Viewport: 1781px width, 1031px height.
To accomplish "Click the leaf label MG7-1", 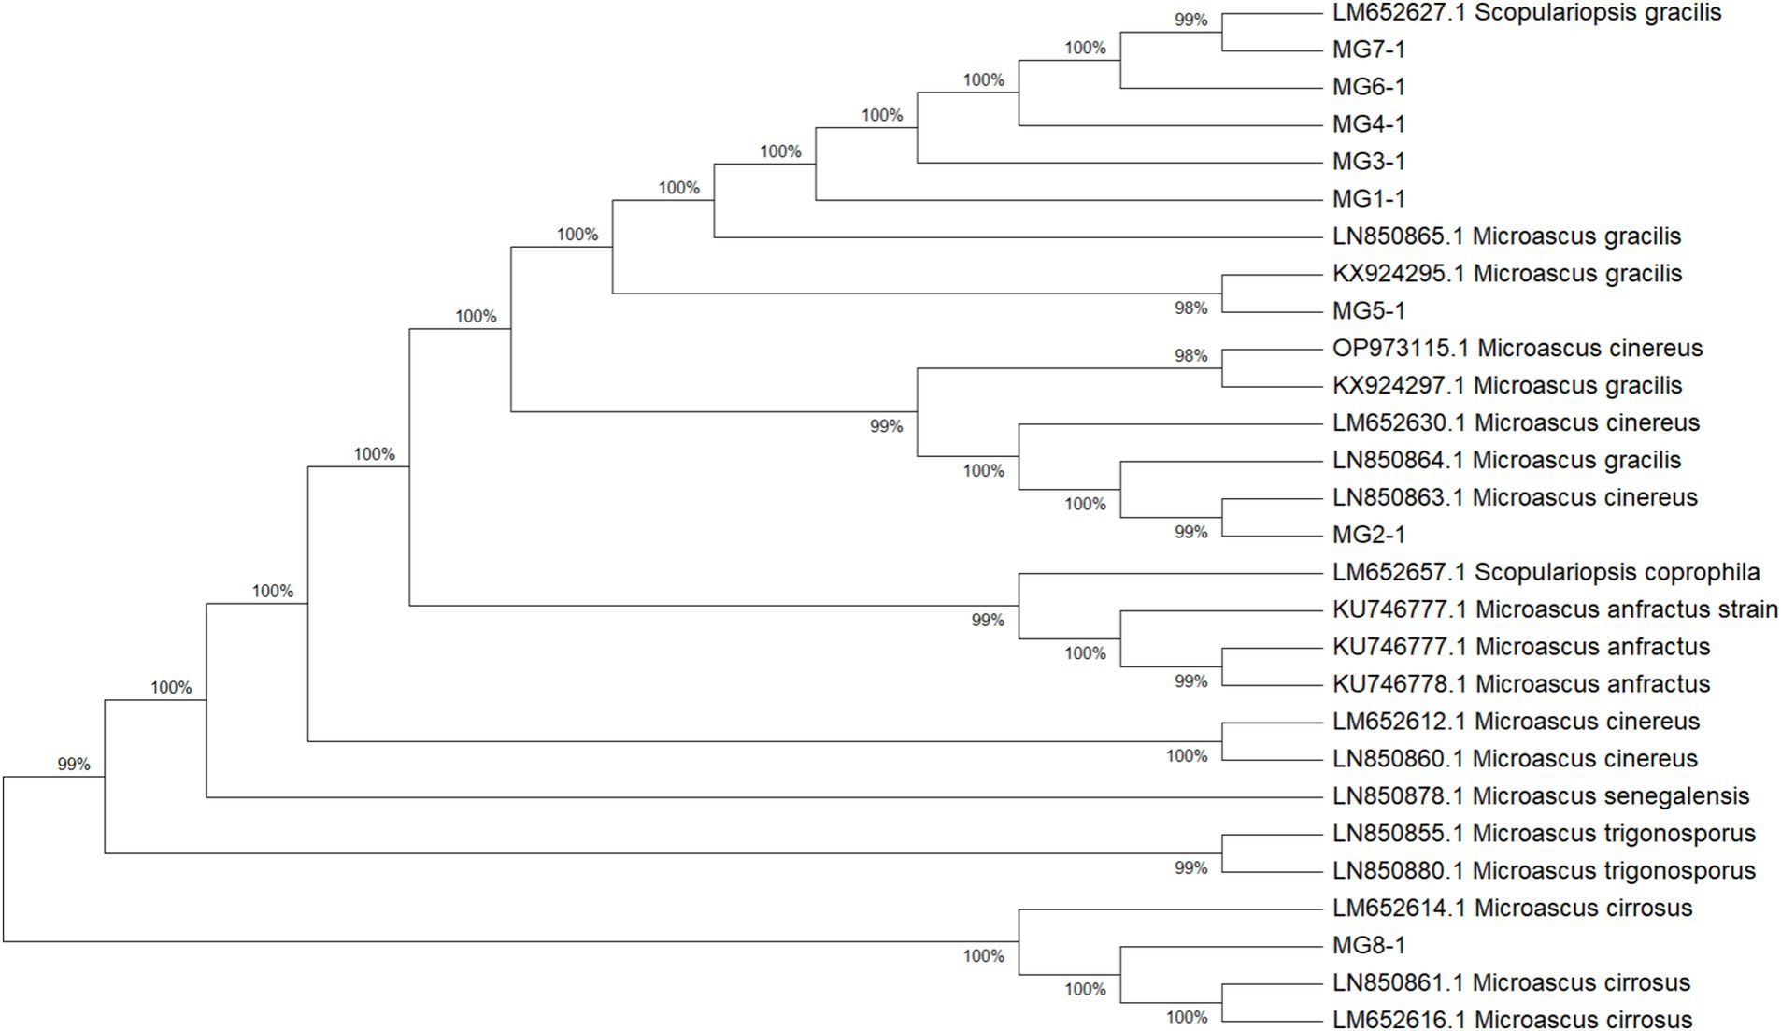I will (1368, 50).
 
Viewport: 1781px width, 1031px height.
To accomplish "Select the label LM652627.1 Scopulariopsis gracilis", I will (1526, 13).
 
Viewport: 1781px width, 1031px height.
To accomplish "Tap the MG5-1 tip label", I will (1368, 311).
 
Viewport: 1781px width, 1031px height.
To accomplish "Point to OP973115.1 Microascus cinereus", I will (1517, 349).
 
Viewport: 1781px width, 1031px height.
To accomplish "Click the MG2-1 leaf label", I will (1368, 536).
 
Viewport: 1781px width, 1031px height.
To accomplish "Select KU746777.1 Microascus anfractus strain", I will (1554, 610).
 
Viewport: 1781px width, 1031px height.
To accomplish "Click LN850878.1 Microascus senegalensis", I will (1540, 797).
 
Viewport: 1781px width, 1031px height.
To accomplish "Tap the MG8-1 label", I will (1368, 946).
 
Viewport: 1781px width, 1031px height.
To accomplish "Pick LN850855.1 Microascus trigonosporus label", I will (1544, 834).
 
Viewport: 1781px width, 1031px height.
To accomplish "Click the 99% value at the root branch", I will (74, 765).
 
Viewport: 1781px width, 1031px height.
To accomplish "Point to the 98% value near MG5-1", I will (1190, 308).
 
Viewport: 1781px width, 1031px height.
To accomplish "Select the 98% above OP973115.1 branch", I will (1190, 356).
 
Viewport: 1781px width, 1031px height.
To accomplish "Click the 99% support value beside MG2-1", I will (1190, 533).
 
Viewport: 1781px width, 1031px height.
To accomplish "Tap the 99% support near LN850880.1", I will (1190, 868).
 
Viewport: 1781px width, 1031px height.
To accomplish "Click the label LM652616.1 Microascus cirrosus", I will (1512, 1020).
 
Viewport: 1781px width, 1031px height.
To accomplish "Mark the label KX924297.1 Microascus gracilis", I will (1506, 386).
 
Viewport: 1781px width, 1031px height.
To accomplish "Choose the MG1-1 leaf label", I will (1368, 199).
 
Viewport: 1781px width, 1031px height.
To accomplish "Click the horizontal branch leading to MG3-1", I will (1121, 163).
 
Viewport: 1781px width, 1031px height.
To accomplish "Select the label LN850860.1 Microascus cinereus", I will (1514, 759).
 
